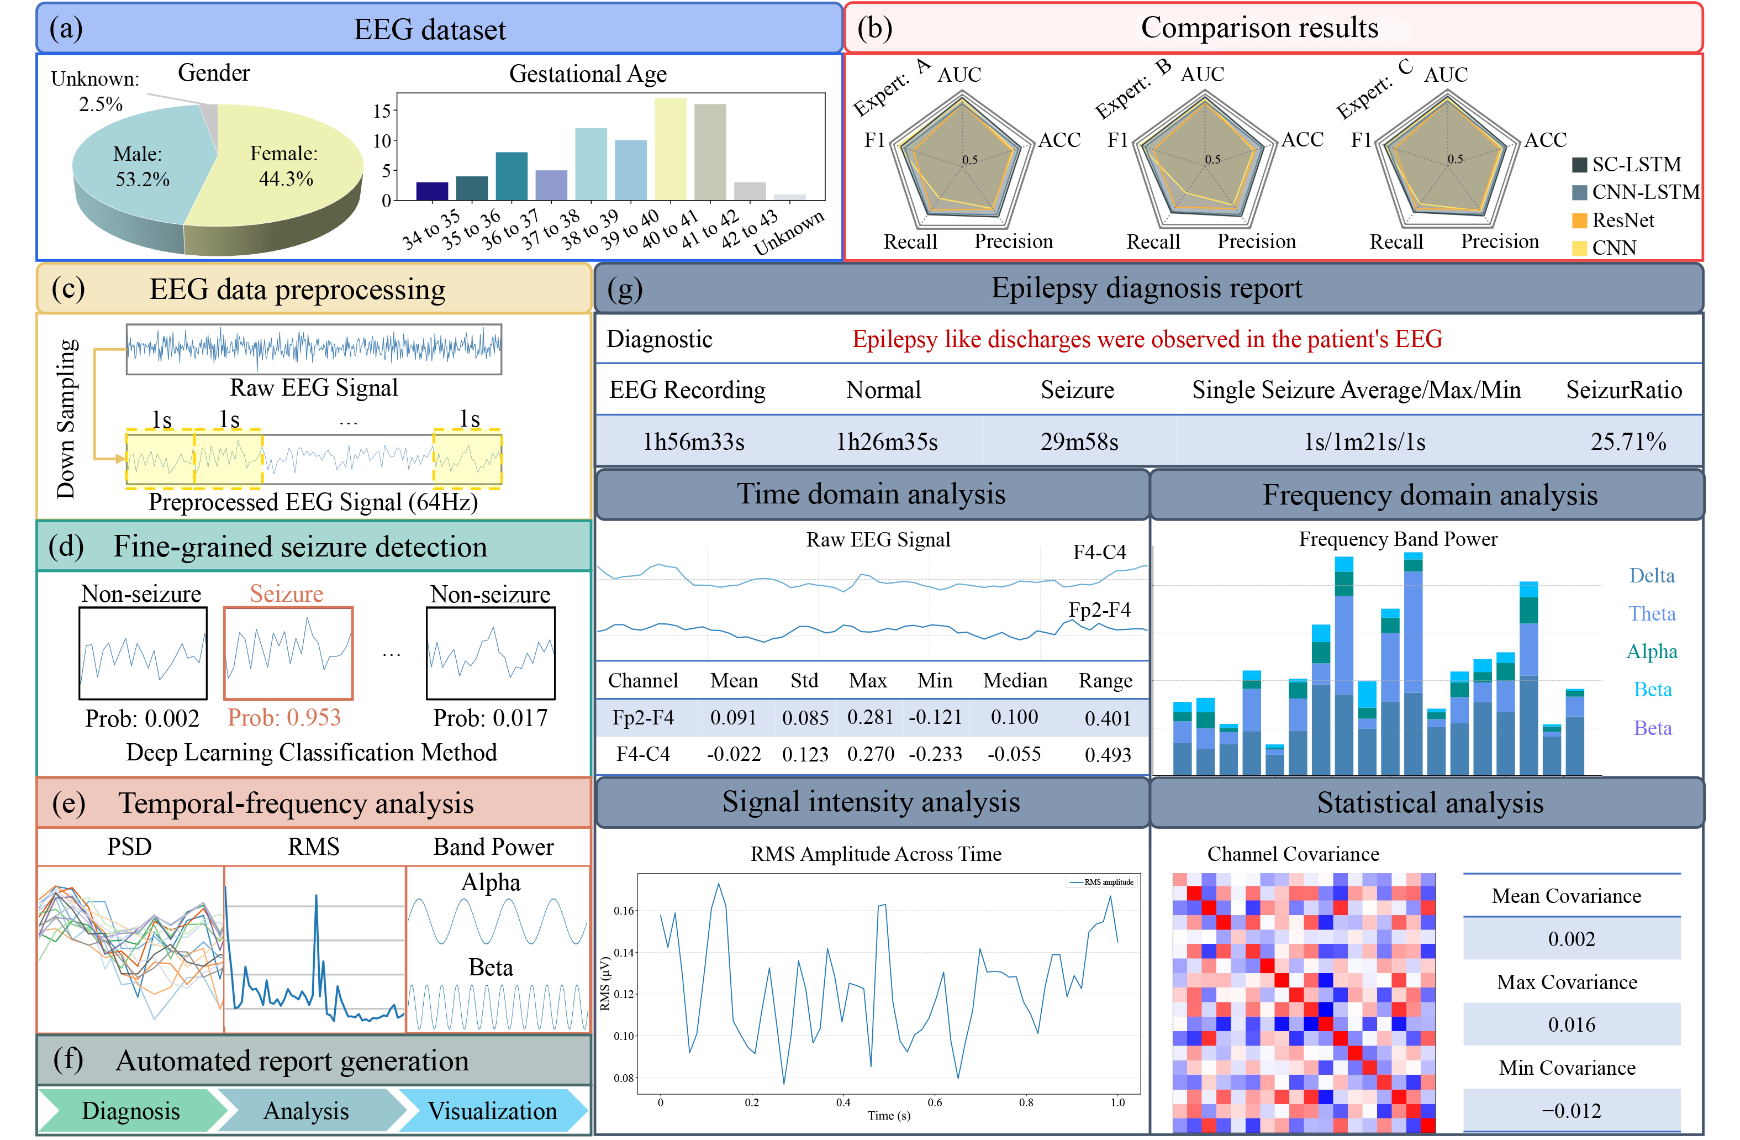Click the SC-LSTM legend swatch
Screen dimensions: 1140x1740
[x=1579, y=165]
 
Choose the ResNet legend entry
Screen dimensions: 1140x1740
[x=1622, y=220]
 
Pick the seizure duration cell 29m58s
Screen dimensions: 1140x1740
[x=1079, y=442]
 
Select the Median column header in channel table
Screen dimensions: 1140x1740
[x=1015, y=681]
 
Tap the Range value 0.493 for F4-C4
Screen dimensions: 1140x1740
[x=1107, y=755]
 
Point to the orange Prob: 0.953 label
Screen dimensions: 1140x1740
[x=284, y=717]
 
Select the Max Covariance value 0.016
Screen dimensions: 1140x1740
[x=1571, y=1025]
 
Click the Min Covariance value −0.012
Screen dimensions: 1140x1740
[x=1571, y=1111]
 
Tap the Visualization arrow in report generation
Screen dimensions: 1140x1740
[x=492, y=1111]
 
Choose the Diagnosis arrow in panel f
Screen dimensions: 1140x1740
[x=131, y=1111]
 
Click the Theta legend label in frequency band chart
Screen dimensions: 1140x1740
[x=1652, y=613]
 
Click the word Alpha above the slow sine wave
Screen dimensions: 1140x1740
[x=491, y=882]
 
